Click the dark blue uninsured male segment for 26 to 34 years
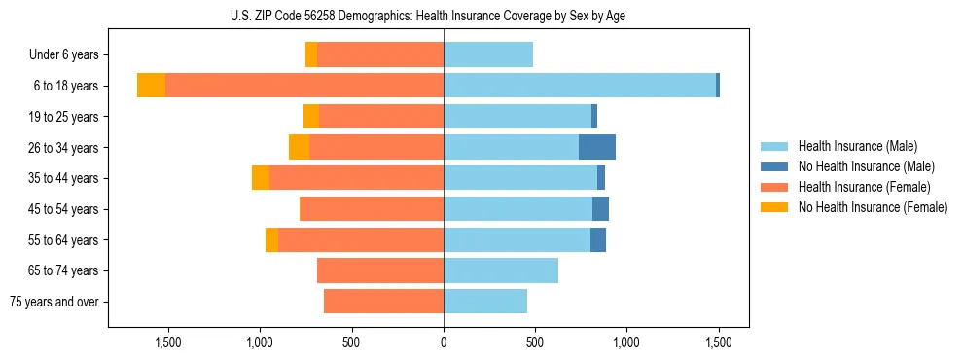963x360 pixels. tap(597, 147)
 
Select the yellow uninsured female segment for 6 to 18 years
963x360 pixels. tap(151, 86)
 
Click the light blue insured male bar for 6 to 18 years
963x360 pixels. tap(580, 86)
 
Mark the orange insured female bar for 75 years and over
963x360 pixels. tap(383, 302)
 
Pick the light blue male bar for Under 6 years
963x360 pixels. tap(488, 55)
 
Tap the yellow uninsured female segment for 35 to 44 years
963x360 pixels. tap(261, 178)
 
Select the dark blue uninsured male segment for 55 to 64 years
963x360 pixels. tap(598, 239)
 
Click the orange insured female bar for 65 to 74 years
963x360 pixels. tap(380, 270)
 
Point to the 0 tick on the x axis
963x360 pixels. tap(444, 342)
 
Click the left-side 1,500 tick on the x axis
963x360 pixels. tap(168, 342)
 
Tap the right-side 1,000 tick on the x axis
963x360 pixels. tap(626, 342)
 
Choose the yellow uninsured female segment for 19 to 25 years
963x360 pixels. tap(311, 117)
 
